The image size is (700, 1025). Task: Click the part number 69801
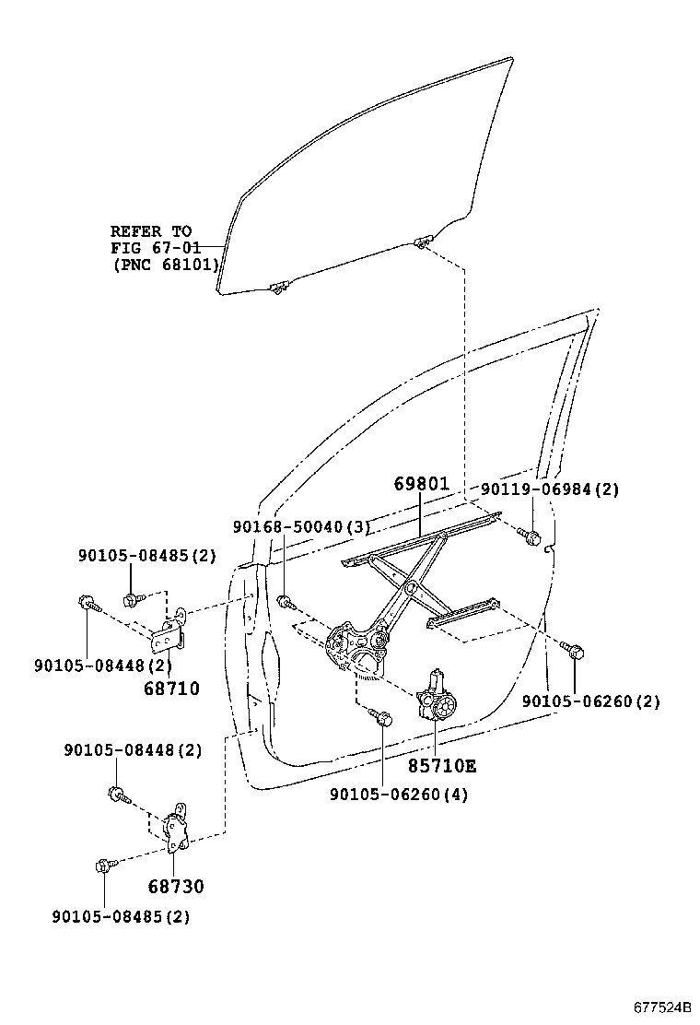click(421, 484)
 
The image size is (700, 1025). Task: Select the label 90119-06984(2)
click(550, 489)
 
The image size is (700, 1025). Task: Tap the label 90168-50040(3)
click(301, 527)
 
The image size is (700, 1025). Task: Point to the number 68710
click(171, 688)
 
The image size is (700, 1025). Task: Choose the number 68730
click(175, 887)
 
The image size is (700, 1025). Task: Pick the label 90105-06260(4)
click(399, 795)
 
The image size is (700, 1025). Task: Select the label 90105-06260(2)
click(591, 701)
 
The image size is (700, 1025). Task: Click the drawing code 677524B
click(660, 1007)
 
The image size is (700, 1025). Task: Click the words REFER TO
click(150, 231)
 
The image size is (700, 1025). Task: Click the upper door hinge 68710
click(170, 633)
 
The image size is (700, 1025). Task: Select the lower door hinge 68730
click(178, 831)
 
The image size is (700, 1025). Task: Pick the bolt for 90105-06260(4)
click(381, 715)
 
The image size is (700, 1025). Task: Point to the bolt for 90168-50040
click(285, 603)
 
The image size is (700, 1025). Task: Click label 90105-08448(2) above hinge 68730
click(133, 750)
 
